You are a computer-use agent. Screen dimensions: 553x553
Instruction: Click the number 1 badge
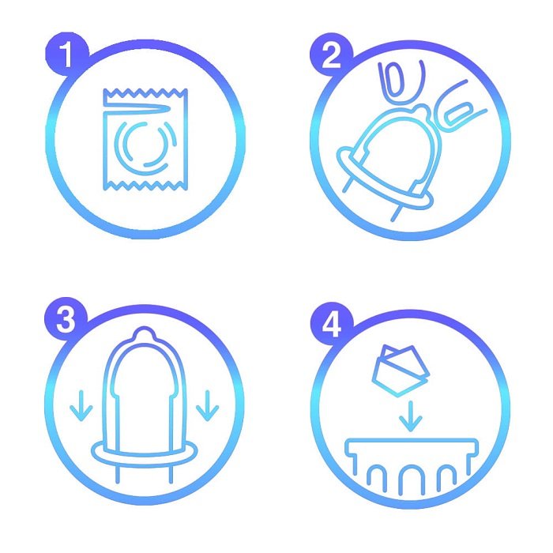[x=66, y=54]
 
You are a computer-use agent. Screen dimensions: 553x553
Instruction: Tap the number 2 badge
[x=331, y=55]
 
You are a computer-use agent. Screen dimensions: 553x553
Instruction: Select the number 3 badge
[x=66, y=319]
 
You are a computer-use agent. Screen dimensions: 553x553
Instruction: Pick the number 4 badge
[x=332, y=324]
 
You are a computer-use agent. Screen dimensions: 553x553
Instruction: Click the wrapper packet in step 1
[x=145, y=139]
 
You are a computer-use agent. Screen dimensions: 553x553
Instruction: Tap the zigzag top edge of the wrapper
[x=145, y=93]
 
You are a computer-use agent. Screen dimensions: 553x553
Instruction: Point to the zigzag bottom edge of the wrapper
[x=145, y=186]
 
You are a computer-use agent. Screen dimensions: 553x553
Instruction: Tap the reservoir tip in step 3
[x=144, y=333]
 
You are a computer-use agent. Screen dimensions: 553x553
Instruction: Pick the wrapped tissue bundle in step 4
[x=401, y=371]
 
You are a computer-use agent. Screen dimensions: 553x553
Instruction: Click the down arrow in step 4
[x=410, y=416]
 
